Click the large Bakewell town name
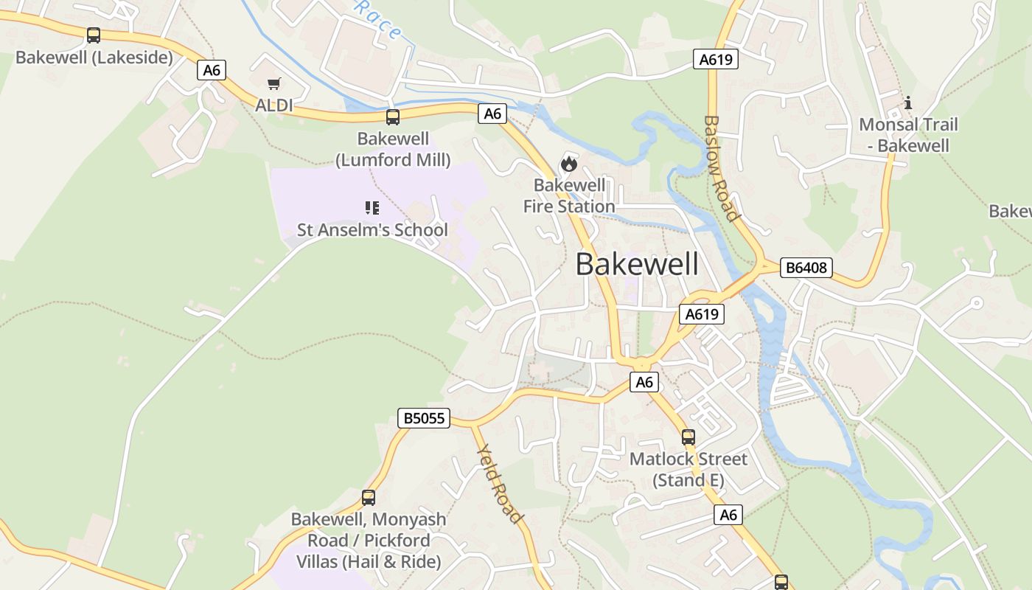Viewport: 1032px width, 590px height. [637, 264]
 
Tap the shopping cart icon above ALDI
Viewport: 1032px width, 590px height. [274, 84]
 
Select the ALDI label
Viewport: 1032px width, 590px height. [274, 105]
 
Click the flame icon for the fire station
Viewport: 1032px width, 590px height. [568, 163]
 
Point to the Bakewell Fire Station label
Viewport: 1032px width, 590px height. [569, 195]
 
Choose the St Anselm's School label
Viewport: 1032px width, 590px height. [372, 229]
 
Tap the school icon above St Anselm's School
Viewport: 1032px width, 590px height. [372, 208]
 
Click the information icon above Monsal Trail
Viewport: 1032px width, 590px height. [908, 103]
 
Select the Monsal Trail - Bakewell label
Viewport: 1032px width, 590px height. [908, 135]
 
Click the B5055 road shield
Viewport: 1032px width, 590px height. [424, 418]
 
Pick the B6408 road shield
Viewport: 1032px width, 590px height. [806, 268]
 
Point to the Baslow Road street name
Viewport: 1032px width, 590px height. [720, 167]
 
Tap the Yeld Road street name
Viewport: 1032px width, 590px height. [500, 483]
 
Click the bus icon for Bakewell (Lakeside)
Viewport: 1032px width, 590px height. [94, 35]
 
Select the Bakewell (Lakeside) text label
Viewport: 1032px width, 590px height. [94, 58]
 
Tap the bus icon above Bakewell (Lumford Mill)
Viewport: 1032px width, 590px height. [393, 117]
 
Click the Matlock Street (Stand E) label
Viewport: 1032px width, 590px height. [688, 470]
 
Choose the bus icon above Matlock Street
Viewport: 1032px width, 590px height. [688, 437]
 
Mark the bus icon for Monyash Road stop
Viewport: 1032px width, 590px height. [369, 498]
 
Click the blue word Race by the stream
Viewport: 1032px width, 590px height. [379, 19]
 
